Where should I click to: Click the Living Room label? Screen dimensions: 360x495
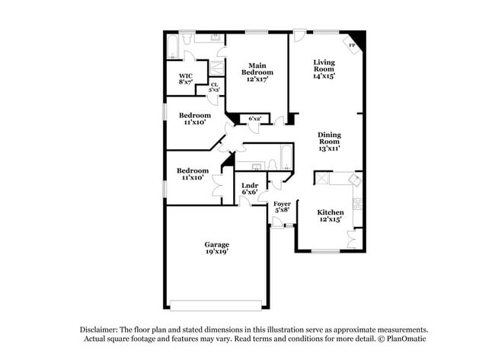(324, 68)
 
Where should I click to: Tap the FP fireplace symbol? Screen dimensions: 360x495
(352, 46)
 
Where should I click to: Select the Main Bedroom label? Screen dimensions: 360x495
(257, 72)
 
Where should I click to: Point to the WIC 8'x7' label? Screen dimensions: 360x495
(186, 79)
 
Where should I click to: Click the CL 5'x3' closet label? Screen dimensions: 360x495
(215, 88)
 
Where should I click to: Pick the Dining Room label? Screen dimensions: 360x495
(329, 142)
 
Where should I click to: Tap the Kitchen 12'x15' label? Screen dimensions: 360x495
(331, 215)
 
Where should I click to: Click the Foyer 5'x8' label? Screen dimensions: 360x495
(282, 208)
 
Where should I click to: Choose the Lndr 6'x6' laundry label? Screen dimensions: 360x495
(249, 189)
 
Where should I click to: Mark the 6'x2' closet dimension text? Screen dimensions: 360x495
(254, 119)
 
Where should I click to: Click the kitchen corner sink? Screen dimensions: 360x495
(353, 180)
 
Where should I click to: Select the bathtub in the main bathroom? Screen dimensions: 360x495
(173, 47)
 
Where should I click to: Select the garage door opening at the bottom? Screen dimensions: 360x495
(216, 306)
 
